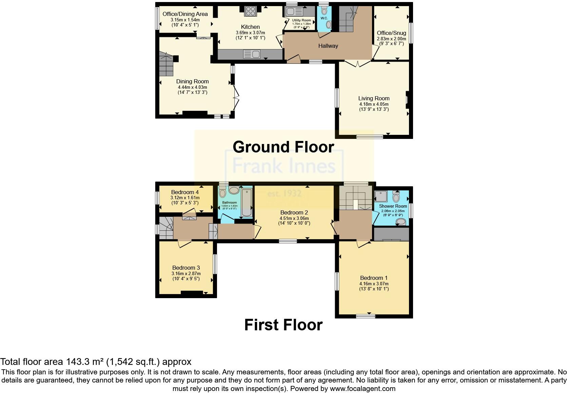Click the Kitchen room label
pyautogui.click(x=250, y=27)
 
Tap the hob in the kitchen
pyautogui.click(x=251, y=11)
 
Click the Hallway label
pyautogui.click(x=328, y=46)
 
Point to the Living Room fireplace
pyautogui.click(x=408, y=100)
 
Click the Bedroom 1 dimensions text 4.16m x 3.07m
pyautogui.click(x=374, y=284)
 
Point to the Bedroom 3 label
pyautogui.click(x=186, y=268)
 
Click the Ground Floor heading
pyautogui.click(x=283, y=147)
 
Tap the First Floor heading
pyautogui.click(x=283, y=325)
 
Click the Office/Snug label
pyautogui.click(x=391, y=33)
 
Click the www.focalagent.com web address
pyautogui.click(x=363, y=389)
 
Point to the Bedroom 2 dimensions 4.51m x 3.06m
pyautogui.click(x=294, y=218)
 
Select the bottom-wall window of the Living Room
pyautogui.click(x=369, y=137)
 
